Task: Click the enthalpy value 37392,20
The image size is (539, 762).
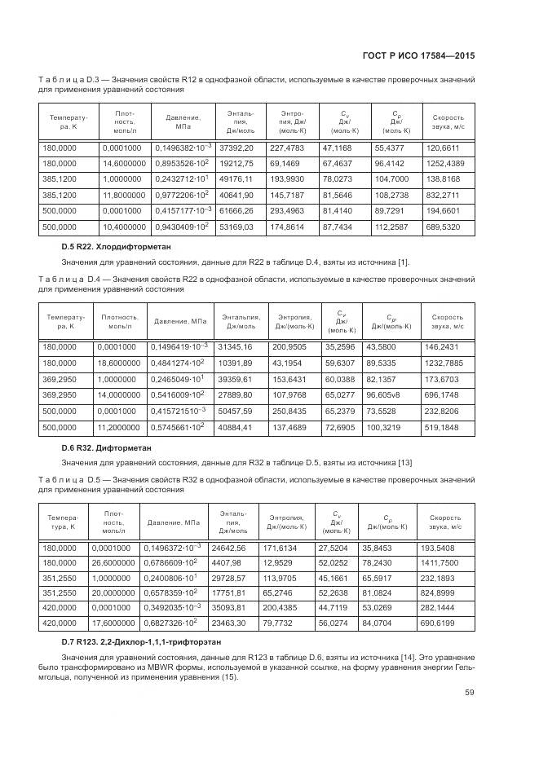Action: pyautogui.click(x=236, y=148)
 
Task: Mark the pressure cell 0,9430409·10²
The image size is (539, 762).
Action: pyautogui.click(x=180, y=226)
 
